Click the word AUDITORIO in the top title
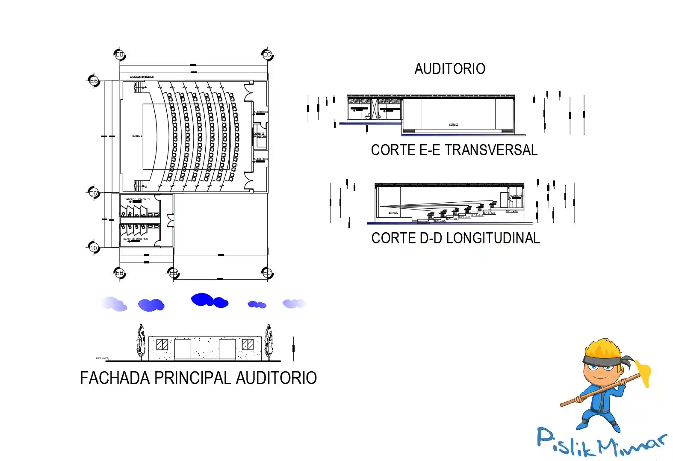[450, 69]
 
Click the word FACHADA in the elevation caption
[115, 378]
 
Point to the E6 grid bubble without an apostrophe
[94, 81]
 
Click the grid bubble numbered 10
[94, 248]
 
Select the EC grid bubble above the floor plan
[267, 55]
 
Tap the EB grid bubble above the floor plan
[120, 55]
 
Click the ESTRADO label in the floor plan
[137, 136]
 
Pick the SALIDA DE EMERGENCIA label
[142, 77]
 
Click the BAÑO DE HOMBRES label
[137, 199]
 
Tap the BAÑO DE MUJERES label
[136, 239]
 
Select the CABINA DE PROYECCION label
[260, 135]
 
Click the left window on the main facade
[162, 345]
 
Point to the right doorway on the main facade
[227, 349]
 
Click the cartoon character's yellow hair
[603, 349]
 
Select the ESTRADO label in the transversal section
[454, 125]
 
